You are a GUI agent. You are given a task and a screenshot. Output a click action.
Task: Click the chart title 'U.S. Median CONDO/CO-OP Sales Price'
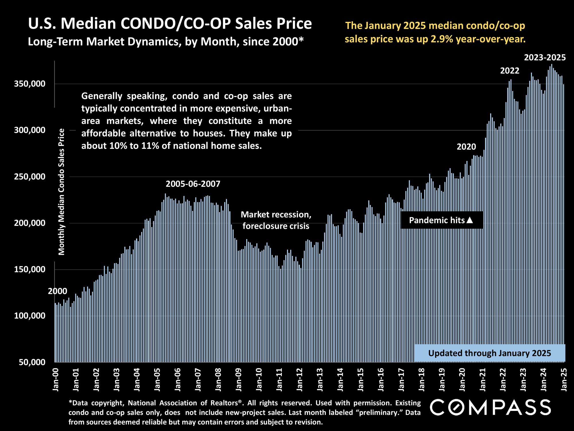point(170,24)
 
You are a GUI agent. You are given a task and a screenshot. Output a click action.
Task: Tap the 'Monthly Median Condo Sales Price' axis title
point(62,192)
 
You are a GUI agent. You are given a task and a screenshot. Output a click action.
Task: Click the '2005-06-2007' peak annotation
point(193,184)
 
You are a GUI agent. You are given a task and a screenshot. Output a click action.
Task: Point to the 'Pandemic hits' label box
point(441,220)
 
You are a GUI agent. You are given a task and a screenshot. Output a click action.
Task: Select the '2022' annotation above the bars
point(510,71)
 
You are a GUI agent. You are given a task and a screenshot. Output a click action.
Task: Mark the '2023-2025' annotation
point(545,58)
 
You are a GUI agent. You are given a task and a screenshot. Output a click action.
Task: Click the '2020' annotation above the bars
point(466,147)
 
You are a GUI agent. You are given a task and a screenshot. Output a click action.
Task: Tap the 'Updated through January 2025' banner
point(490,353)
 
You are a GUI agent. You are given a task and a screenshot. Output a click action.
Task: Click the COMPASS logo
point(490,407)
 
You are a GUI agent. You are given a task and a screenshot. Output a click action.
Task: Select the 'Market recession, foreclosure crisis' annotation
point(276,220)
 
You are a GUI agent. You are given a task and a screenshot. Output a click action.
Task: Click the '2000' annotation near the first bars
point(57,291)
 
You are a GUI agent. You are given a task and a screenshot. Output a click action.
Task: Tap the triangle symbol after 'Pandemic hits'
point(470,220)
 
